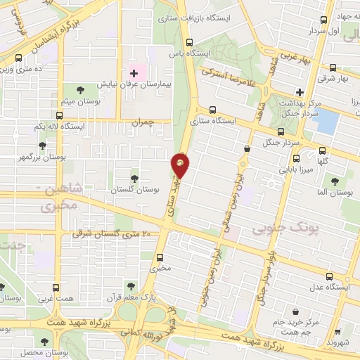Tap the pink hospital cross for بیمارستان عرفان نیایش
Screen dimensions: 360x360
(134, 74)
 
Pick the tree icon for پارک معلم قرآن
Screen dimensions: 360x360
(130, 285)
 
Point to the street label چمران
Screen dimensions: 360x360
(141, 122)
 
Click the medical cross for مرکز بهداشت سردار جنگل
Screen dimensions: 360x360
(300, 92)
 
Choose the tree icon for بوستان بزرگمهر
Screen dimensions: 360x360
(42, 145)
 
